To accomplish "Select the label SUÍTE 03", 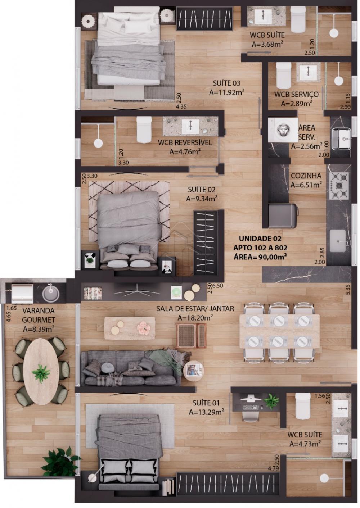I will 226,83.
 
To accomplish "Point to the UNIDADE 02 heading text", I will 260,239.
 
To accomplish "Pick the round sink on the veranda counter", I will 50,293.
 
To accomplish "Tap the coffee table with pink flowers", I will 130,328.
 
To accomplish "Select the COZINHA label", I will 306,176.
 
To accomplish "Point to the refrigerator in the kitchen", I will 283,216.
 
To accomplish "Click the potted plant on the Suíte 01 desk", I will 271,400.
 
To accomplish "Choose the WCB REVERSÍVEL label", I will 185,143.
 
